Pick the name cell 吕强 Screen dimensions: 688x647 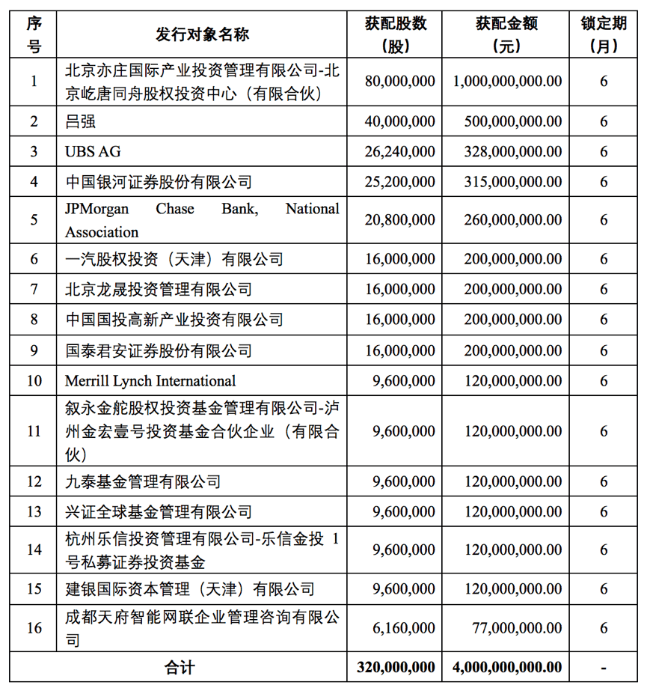tap(80, 121)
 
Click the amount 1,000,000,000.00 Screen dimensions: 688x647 tap(507, 82)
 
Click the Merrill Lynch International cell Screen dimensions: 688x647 tap(150, 380)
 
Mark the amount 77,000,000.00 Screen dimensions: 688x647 tap(516, 628)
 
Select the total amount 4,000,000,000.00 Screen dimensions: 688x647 tap(506, 666)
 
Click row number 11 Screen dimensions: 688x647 tap(34, 431)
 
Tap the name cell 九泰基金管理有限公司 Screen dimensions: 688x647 tap(143, 481)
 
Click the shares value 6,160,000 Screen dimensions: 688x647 tap(403, 628)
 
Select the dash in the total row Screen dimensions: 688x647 tap(603, 666)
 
